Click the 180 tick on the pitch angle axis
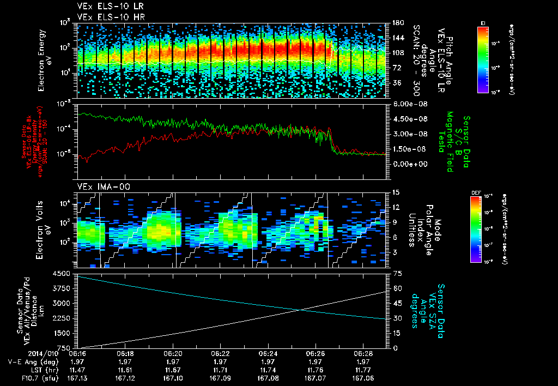click(397, 22)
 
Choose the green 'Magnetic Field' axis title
click(450, 143)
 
